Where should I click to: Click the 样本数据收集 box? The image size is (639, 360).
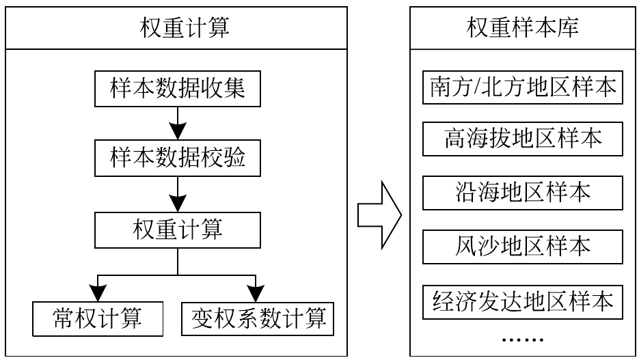pyautogui.click(x=178, y=89)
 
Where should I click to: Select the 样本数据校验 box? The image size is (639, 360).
pyautogui.click(x=178, y=158)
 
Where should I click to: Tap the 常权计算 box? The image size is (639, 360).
pyautogui.click(x=98, y=319)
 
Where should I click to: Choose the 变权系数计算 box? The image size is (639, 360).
pyautogui.click(x=258, y=319)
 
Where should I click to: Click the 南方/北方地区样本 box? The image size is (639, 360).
pyautogui.click(x=522, y=87)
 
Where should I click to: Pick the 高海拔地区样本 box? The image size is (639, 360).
pyautogui.click(x=522, y=139)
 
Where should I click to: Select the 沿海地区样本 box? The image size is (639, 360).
pyautogui.click(x=522, y=193)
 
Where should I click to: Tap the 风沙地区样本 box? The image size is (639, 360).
pyautogui.click(x=522, y=247)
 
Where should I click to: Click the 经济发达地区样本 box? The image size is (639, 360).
pyautogui.click(x=522, y=302)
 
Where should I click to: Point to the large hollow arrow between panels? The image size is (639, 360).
pyautogui.click(x=380, y=214)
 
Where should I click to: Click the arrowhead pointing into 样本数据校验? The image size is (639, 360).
pyautogui.click(x=178, y=131)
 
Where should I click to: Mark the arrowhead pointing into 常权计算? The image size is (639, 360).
pyautogui.click(x=98, y=293)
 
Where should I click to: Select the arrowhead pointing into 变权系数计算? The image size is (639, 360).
pyautogui.click(x=256, y=293)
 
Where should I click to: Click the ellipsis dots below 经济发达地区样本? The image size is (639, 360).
pyautogui.click(x=522, y=340)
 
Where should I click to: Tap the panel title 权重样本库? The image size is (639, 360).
pyautogui.click(x=522, y=28)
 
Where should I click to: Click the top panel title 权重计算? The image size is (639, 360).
pyautogui.click(x=185, y=28)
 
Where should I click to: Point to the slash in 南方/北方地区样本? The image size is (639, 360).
pyautogui.click(x=476, y=87)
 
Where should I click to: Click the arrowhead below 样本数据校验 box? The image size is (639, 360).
pyautogui.click(x=178, y=203)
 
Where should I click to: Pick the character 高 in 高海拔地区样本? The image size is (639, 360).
pyautogui.click(x=454, y=139)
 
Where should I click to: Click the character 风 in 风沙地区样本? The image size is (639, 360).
pyautogui.click(x=466, y=247)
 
